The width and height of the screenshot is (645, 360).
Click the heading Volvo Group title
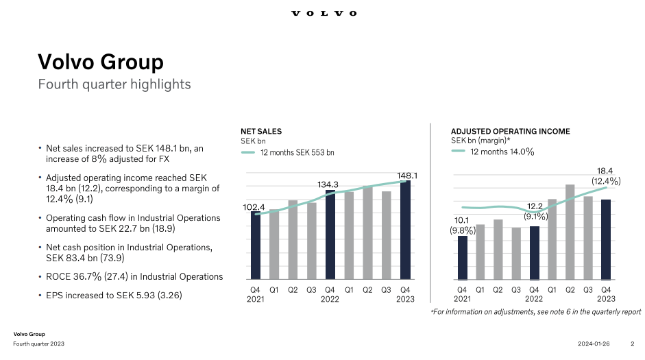coord(100,62)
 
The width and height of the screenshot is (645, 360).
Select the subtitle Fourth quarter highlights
coord(114,84)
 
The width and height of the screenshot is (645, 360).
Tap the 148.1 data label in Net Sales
coord(407,176)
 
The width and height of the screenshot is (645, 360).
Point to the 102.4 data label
coord(254,206)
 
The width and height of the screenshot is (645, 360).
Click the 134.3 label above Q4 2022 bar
coord(330,184)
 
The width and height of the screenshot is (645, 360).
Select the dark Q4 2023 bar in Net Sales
coord(405,230)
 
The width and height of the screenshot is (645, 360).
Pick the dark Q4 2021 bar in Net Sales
coord(255,247)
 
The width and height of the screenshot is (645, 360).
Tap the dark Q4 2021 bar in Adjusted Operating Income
coord(463,258)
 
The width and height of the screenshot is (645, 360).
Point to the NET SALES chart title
coord(260,131)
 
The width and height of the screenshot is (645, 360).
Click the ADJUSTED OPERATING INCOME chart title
coord(510,131)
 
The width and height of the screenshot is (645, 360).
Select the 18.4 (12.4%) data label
coord(606,176)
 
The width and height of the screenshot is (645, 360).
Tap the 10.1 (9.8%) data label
coord(463,226)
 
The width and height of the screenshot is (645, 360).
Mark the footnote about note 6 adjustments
coord(535,312)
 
